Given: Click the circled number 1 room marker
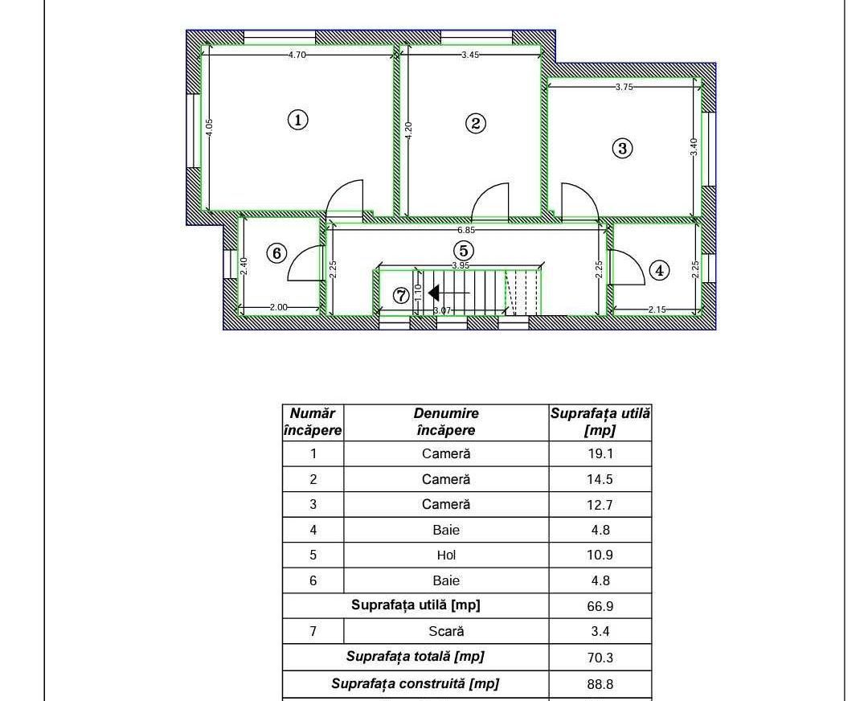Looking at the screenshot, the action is tap(298, 120).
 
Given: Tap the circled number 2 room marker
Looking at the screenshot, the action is tap(476, 123).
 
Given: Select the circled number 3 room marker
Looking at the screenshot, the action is tap(623, 149).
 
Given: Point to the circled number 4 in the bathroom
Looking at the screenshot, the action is tap(659, 271).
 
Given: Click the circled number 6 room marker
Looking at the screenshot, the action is tap(276, 253).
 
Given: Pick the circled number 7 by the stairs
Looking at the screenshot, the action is tap(401, 296).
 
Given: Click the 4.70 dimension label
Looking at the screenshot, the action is tap(297, 55).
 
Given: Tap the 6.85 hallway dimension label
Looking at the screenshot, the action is tap(466, 230).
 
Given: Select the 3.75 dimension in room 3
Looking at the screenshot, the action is tap(624, 87).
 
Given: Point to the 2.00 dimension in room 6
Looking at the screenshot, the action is tap(278, 307).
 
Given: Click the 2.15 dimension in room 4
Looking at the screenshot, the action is tap(657, 310).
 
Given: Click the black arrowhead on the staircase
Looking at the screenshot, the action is tap(433, 293).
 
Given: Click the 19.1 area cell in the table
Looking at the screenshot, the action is tap(600, 454).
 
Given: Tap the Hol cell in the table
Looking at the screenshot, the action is tap(446, 555).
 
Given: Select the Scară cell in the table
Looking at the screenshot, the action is tap(446, 631).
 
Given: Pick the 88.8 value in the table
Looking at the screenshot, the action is tap(600, 684).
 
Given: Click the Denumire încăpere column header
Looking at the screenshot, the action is tap(446, 422).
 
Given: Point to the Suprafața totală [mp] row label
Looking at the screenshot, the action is tap(416, 657).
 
